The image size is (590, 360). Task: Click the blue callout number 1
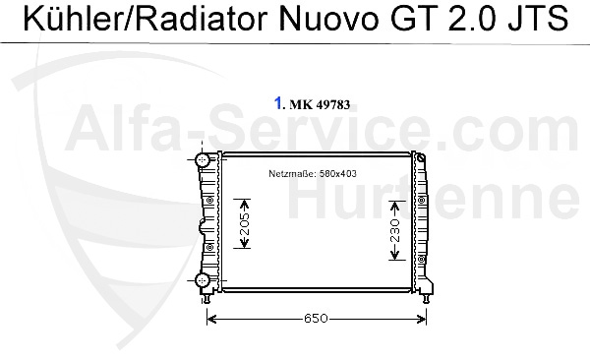[x=279, y=102]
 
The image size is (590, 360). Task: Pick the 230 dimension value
[x=394, y=231]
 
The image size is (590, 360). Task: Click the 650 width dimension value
[x=316, y=319]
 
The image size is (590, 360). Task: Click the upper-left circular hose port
[x=203, y=159]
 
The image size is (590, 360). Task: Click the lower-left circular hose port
[x=203, y=281]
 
